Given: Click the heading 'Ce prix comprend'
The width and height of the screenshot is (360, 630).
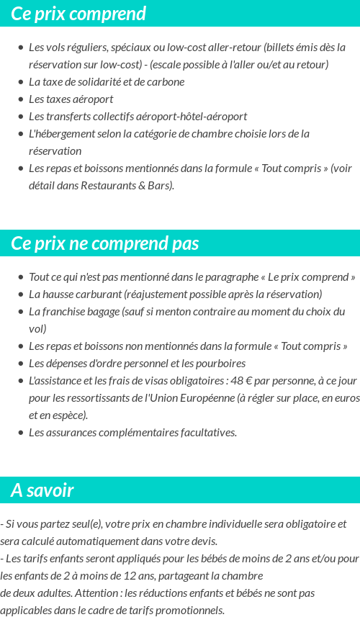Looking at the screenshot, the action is [78, 14].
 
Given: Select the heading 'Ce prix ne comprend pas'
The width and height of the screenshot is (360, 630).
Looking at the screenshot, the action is [105, 243].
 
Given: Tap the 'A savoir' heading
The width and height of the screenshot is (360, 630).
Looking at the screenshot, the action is [42, 490].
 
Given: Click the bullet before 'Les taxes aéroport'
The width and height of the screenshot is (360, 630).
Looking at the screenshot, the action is [21, 99].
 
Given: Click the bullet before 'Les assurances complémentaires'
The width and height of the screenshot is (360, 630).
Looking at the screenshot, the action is [21, 433].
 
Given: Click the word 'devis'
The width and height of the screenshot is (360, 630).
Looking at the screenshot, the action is [202, 541].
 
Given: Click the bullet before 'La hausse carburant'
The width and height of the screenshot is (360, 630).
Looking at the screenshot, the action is [21, 294].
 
